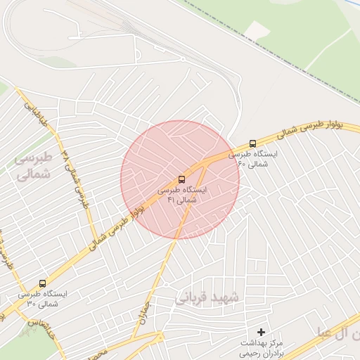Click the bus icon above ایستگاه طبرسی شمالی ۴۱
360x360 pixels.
click(182, 180)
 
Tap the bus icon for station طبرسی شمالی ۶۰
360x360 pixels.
click(253, 143)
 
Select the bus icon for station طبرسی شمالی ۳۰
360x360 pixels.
click(43, 283)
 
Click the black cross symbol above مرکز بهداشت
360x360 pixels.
click(262, 331)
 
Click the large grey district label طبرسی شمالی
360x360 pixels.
click(33, 165)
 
